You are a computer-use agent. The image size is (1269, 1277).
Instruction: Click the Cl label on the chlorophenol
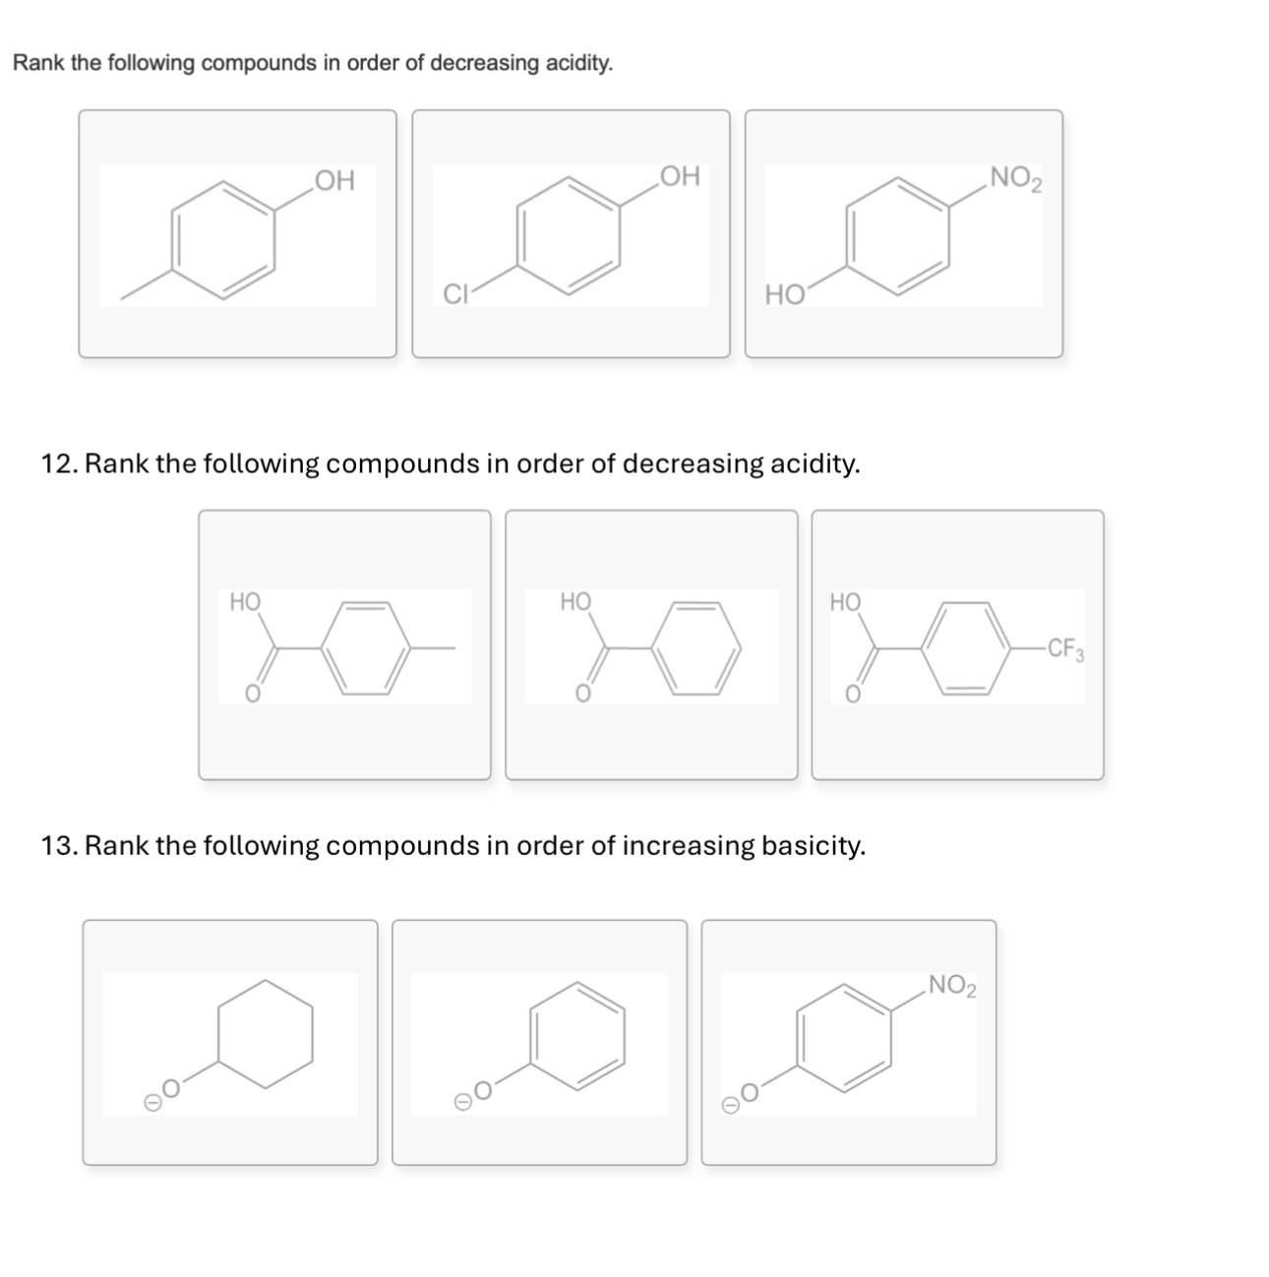[453, 293]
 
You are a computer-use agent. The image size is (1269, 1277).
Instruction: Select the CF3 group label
[1065, 648]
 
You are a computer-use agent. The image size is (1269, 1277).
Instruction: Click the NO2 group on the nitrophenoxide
[951, 985]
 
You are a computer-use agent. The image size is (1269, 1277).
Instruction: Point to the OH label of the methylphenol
[334, 181]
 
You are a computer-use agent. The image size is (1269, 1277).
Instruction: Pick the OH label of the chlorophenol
[679, 177]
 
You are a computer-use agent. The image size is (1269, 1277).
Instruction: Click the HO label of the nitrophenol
[784, 293]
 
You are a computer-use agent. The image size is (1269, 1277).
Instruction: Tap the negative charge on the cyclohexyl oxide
[152, 1104]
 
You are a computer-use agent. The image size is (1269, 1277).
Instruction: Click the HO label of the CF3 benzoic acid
[845, 602]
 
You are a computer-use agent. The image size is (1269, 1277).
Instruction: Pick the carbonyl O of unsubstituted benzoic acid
[581, 695]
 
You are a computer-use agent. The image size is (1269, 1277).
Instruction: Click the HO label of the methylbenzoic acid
[245, 601]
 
